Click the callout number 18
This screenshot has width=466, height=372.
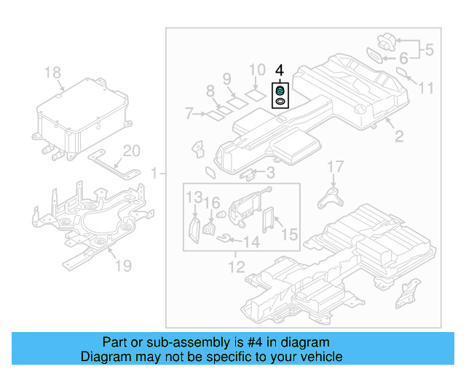53,73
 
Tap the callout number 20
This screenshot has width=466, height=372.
131,151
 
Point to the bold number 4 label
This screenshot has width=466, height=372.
280,71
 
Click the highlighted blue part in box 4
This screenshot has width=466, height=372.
279,91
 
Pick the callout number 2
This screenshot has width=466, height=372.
399,136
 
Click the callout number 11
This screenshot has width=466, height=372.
426,88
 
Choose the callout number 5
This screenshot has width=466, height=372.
428,50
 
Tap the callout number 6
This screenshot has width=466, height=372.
402,57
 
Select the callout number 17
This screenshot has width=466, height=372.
334,167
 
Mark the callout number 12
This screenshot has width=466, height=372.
234,267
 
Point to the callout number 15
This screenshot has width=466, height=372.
289,235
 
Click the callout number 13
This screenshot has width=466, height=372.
193,198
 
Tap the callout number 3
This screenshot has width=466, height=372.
269,173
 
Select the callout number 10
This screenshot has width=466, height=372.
258,70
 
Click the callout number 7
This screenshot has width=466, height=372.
189,114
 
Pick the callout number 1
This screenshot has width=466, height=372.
154,173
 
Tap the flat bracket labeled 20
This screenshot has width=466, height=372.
109,161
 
